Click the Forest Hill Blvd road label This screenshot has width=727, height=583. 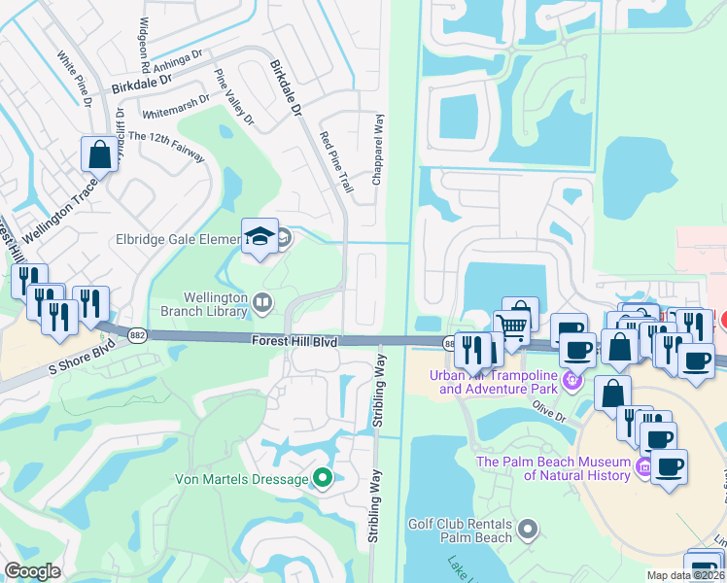pos(294,341)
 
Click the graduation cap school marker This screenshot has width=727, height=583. pos(260,237)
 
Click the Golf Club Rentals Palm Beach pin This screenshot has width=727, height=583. pos(528,530)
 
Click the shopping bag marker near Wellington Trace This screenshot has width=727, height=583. pos(99,154)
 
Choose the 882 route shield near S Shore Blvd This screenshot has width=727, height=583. pos(137,334)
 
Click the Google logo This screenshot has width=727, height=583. pos(32,571)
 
